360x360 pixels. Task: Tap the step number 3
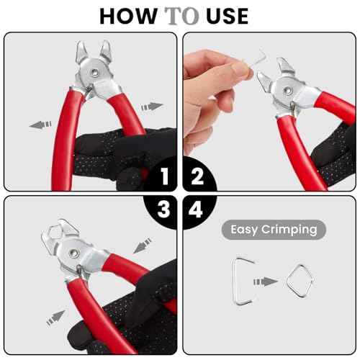coord(165,209)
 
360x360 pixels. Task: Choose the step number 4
coord(195,209)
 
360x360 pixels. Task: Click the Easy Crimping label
coord(274,230)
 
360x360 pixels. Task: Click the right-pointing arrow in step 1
coord(152,106)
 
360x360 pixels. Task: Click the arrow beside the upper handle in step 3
coord(142,245)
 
